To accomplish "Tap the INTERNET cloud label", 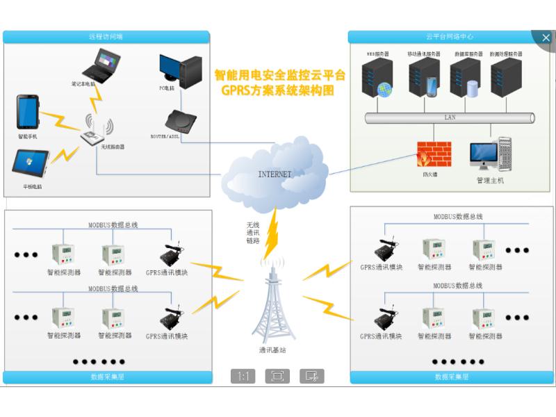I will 275,174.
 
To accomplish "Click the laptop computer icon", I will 99,67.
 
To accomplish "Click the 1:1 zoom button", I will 243,376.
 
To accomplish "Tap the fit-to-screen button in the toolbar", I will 277,376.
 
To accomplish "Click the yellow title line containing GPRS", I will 277,90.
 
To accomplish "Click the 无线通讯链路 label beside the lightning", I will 252,233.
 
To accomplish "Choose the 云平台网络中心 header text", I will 450,36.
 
